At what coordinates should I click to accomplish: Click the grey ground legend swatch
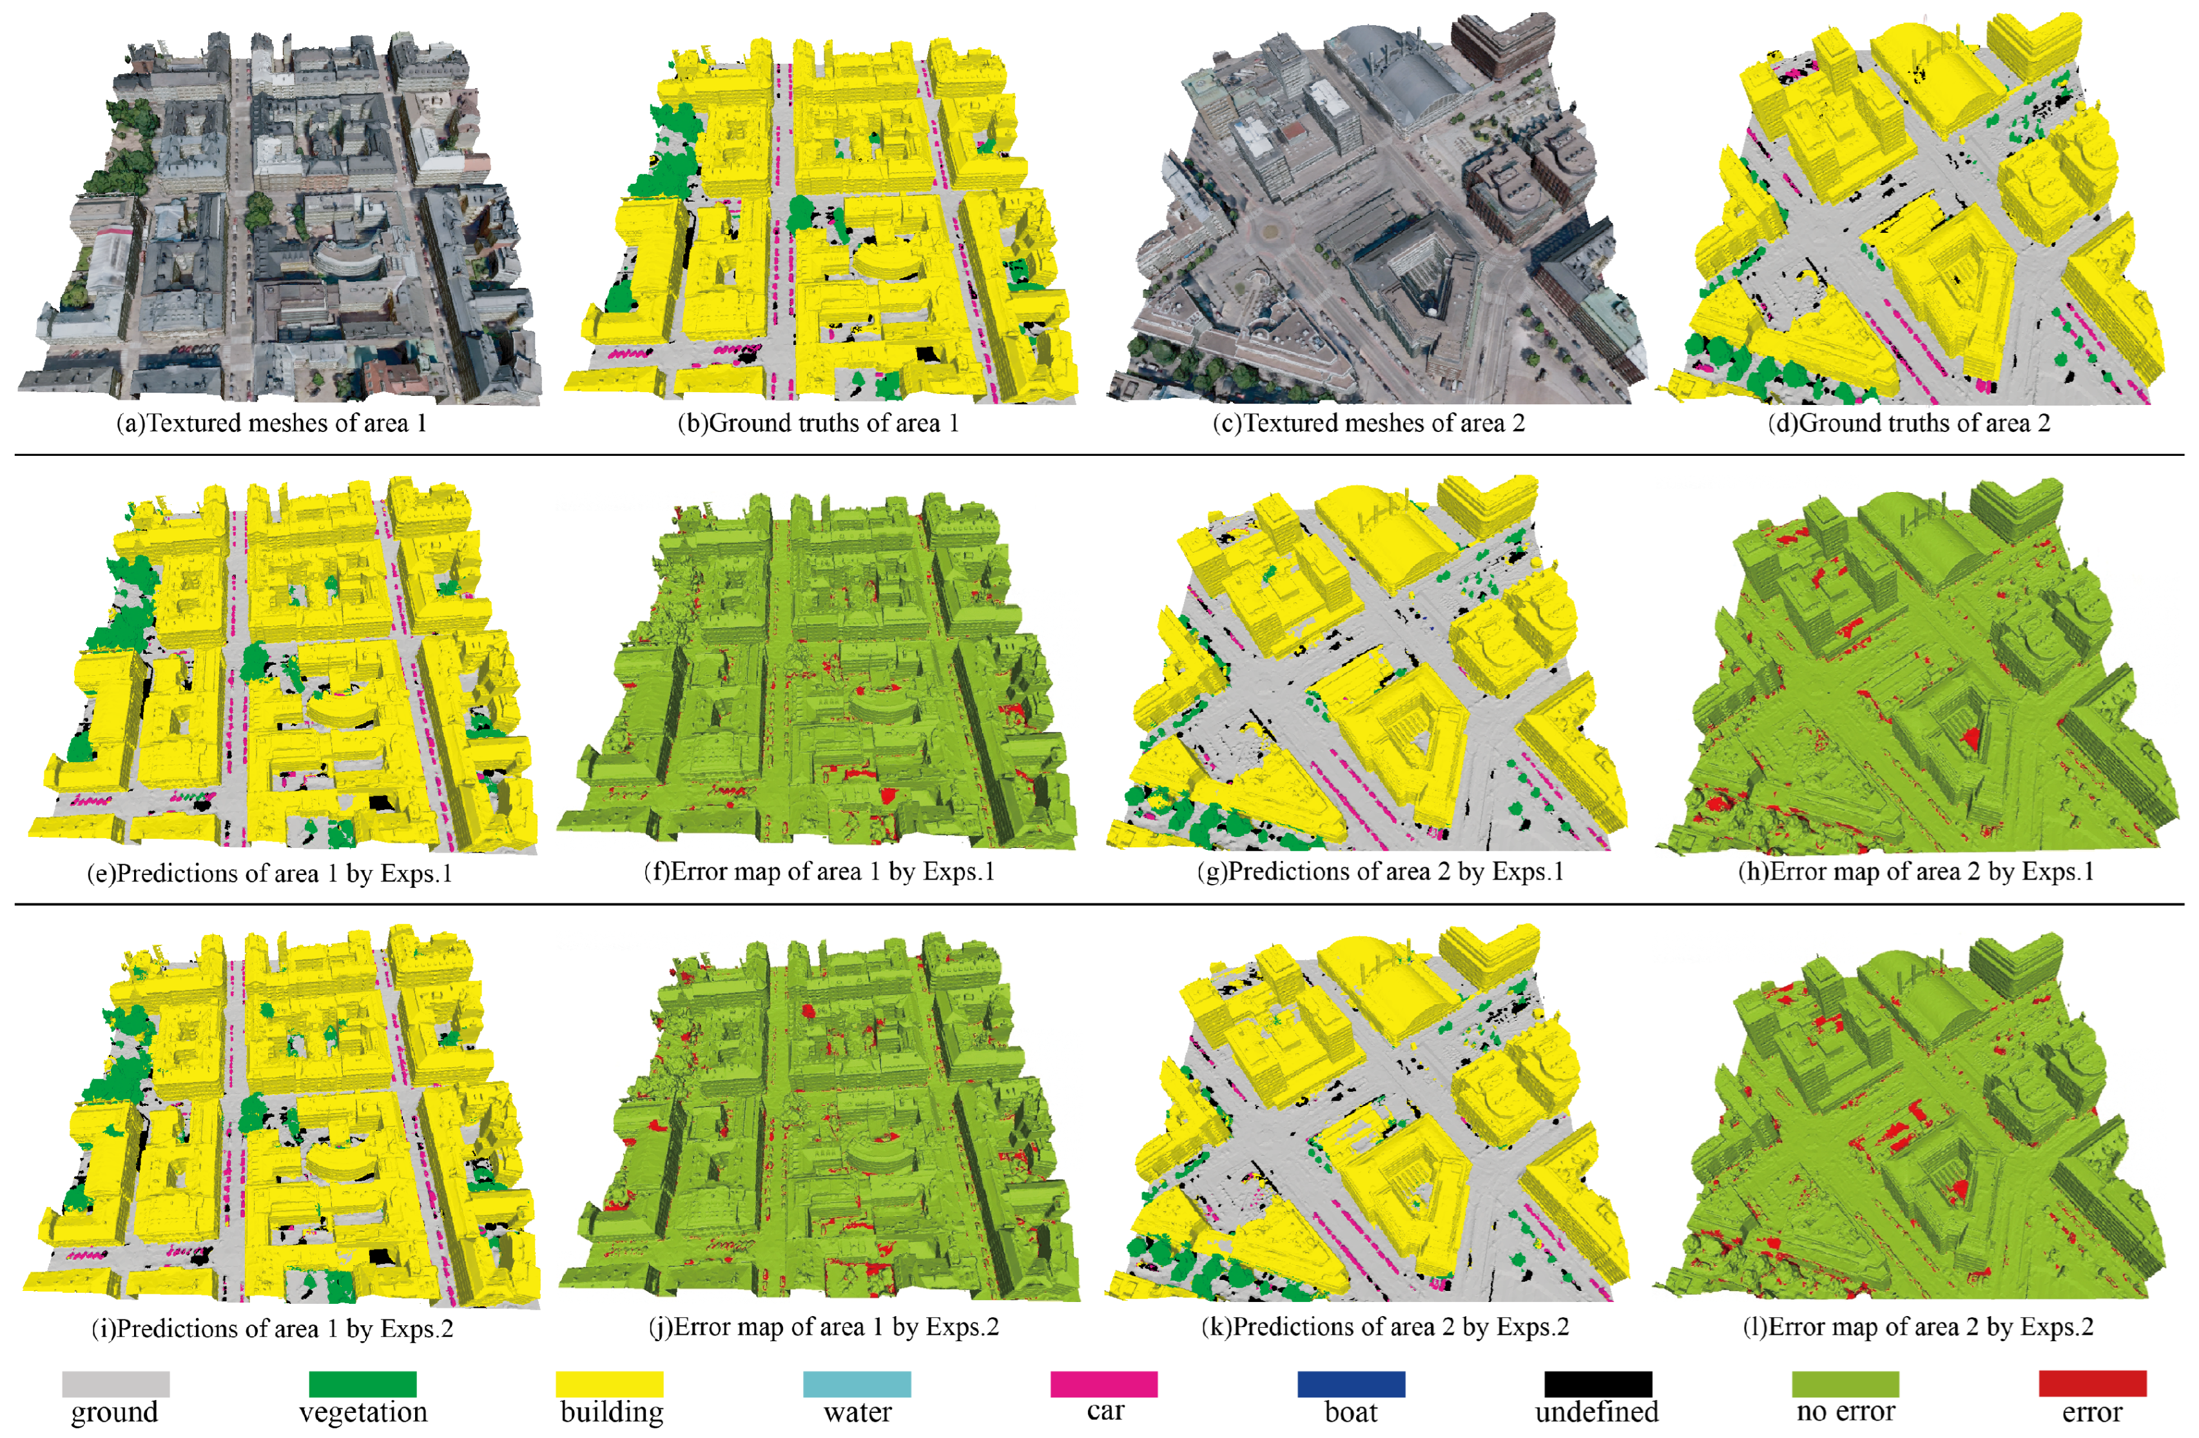tap(115, 1383)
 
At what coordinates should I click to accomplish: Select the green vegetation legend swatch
tap(362, 1383)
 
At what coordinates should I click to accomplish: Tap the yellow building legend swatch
tap(609, 1383)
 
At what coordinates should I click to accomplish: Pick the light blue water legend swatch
tap(857, 1383)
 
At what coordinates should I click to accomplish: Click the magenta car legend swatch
tap(1103, 1383)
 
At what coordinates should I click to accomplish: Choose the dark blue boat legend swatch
tap(1351, 1383)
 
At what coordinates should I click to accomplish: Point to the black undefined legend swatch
tap(1598, 1383)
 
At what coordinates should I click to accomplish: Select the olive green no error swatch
tap(1845, 1383)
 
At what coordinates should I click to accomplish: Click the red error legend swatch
tap(2092, 1383)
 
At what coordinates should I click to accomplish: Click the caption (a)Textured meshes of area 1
tap(271, 423)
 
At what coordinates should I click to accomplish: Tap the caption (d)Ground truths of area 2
tap(1909, 423)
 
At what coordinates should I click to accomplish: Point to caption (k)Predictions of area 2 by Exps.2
tap(1384, 1327)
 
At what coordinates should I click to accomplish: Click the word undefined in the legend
tap(1596, 1412)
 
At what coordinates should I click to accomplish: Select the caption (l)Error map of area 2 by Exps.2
tap(1917, 1327)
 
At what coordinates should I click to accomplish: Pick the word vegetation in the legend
tap(363, 1412)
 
